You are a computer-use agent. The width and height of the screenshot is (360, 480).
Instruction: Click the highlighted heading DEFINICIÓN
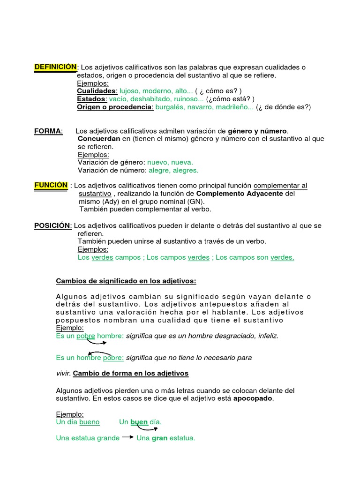point(55,67)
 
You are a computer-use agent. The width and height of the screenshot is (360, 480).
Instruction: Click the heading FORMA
point(48,131)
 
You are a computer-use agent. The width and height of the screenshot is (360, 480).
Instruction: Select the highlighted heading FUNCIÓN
point(51,185)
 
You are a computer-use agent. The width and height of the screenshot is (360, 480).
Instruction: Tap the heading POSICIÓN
point(52,225)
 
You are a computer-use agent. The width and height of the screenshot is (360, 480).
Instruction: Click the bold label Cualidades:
point(97,91)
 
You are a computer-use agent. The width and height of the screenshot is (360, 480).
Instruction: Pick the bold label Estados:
point(92,99)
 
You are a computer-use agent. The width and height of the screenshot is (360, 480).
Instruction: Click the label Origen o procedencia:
point(115,107)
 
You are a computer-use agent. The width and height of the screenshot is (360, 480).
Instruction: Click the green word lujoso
point(129,91)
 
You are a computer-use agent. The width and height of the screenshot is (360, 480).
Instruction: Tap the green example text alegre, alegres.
point(173,170)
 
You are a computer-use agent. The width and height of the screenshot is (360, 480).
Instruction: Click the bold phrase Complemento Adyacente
point(240,194)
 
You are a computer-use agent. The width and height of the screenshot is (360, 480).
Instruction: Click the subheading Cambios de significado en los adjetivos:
point(126,281)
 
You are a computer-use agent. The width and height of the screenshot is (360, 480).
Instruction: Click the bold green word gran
point(159,438)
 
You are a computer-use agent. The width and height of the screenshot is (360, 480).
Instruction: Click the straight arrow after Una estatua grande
point(127,437)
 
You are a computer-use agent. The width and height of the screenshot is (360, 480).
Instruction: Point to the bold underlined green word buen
point(139,422)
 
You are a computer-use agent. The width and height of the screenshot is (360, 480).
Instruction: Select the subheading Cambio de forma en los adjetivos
point(131,374)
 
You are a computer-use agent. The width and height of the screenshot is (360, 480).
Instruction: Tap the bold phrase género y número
point(257,131)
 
